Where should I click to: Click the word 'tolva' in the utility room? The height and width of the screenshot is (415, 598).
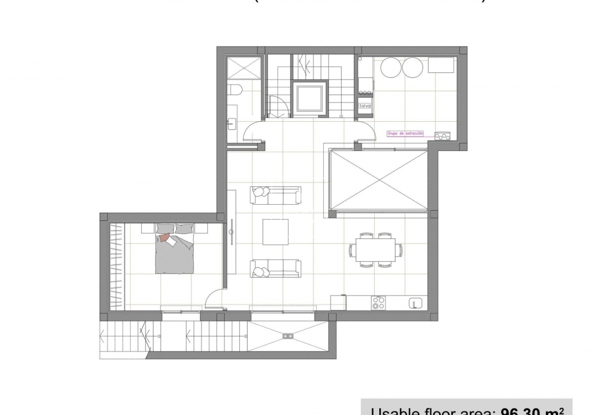(365, 105)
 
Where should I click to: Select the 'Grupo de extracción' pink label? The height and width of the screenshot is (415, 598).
(405, 133)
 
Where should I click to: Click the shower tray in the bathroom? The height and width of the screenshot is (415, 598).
(244, 68)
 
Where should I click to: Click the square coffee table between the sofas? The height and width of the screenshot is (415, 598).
(275, 232)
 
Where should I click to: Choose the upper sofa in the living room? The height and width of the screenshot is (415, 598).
(275, 194)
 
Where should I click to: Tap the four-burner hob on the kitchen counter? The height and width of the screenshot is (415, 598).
(379, 303)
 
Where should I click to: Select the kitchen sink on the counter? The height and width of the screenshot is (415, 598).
(416, 303)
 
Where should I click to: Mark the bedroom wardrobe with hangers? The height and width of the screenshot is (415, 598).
(116, 266)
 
